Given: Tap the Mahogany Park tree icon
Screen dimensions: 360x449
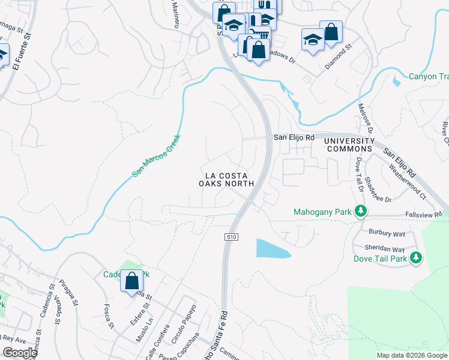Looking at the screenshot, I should point(361,211).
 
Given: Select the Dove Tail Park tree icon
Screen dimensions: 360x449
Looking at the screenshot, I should point(415,258).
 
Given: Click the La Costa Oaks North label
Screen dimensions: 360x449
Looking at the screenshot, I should point(226,180).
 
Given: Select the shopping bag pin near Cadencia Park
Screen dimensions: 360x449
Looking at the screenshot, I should point(131,280).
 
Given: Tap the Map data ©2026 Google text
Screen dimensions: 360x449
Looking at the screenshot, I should point(411,355).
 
